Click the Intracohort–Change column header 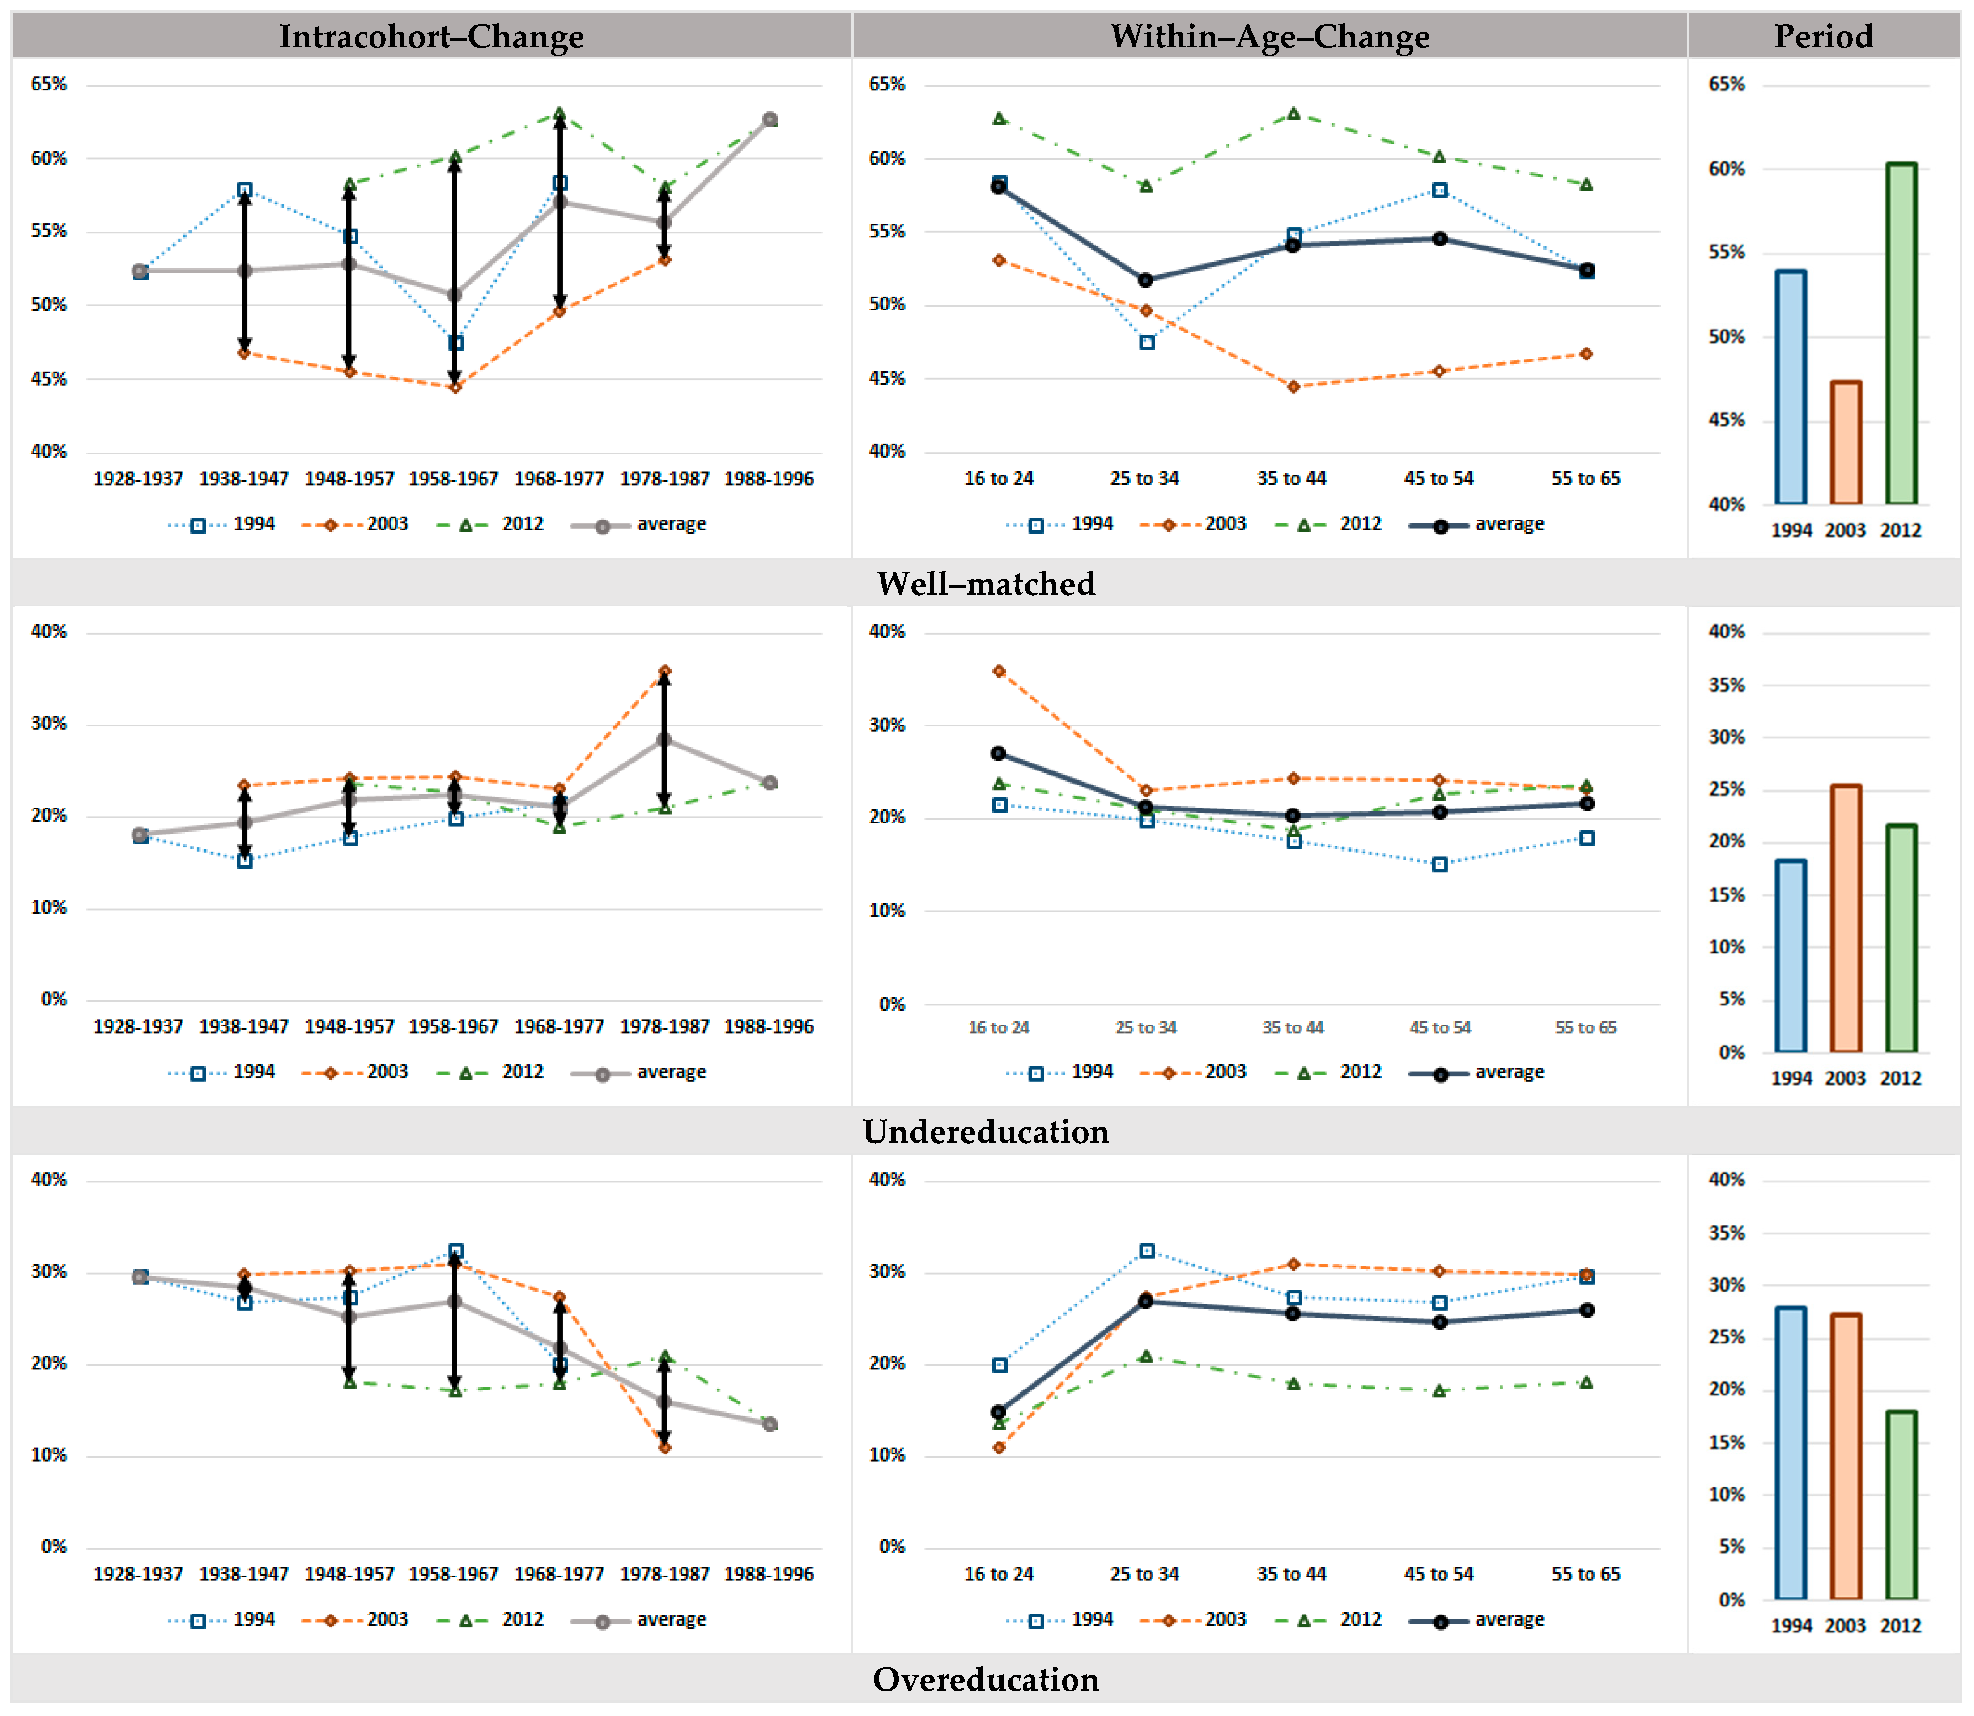click(431, 36)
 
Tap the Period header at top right click(1823, 36)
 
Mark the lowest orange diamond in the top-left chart click(455, 387)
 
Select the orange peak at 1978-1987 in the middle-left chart click(665, 671)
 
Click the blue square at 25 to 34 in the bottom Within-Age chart click(1146, 1250)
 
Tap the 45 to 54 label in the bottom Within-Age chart click(1438, 1574)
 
